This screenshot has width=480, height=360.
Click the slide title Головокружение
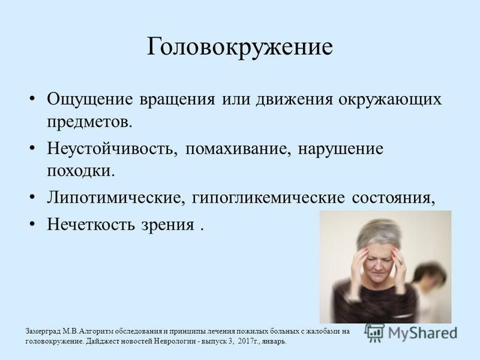[x=239, y=47]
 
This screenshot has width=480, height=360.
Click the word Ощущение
[x=90, y=100]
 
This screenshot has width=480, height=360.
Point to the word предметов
[x=89, y=122]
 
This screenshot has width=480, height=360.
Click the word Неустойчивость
[x=112, y=149]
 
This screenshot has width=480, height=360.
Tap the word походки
[x=81, y=171]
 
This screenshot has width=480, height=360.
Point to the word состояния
[x=394, y=199]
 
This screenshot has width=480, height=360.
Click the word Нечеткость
[x=91, y=224]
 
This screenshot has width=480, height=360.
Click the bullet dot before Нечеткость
[x=32, y=224]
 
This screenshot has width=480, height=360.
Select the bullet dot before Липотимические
[x=32, y=197]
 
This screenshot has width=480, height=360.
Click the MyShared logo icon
[x=374, y=333]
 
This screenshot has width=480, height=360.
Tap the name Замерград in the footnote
[x=43, y=332]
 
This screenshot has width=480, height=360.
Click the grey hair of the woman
[x=379, y=234]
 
